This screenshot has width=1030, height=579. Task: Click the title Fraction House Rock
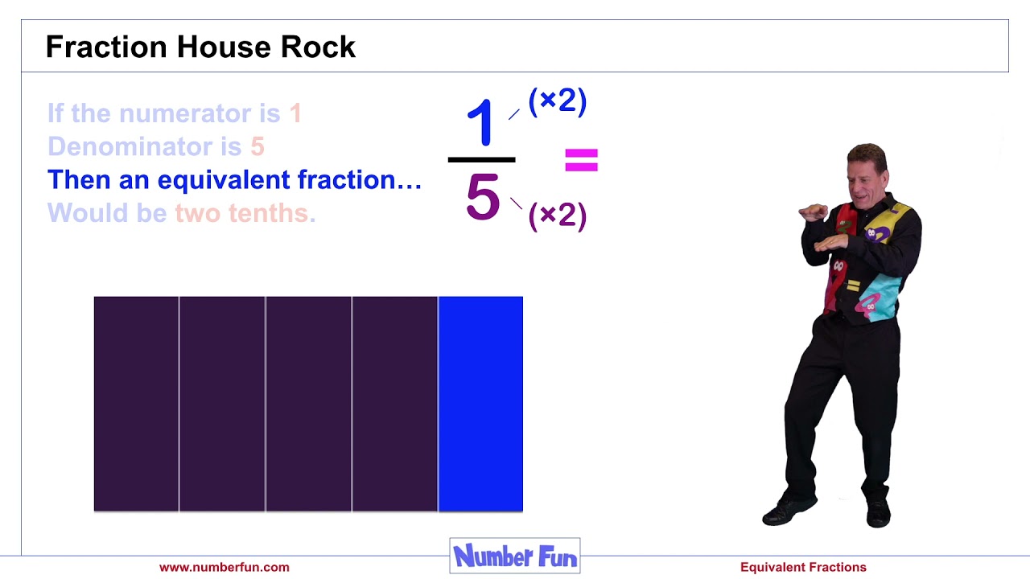200,47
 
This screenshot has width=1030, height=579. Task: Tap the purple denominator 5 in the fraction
483,198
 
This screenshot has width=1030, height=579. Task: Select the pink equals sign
581,160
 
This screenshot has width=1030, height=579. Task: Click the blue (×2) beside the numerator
558,101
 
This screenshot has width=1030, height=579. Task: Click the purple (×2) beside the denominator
558,216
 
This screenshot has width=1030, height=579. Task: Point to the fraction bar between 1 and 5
481,160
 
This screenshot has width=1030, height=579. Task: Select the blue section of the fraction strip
480,404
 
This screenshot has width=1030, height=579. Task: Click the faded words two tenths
241,213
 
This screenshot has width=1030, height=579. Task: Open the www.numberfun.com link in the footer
224,567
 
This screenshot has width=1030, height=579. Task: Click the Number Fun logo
515,556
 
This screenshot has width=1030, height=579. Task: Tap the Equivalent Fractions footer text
803,567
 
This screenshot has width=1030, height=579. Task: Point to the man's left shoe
877,513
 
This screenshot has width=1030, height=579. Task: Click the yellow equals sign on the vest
854,285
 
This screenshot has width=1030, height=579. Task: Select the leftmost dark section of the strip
136,404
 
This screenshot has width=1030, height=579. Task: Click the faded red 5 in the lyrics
257,146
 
